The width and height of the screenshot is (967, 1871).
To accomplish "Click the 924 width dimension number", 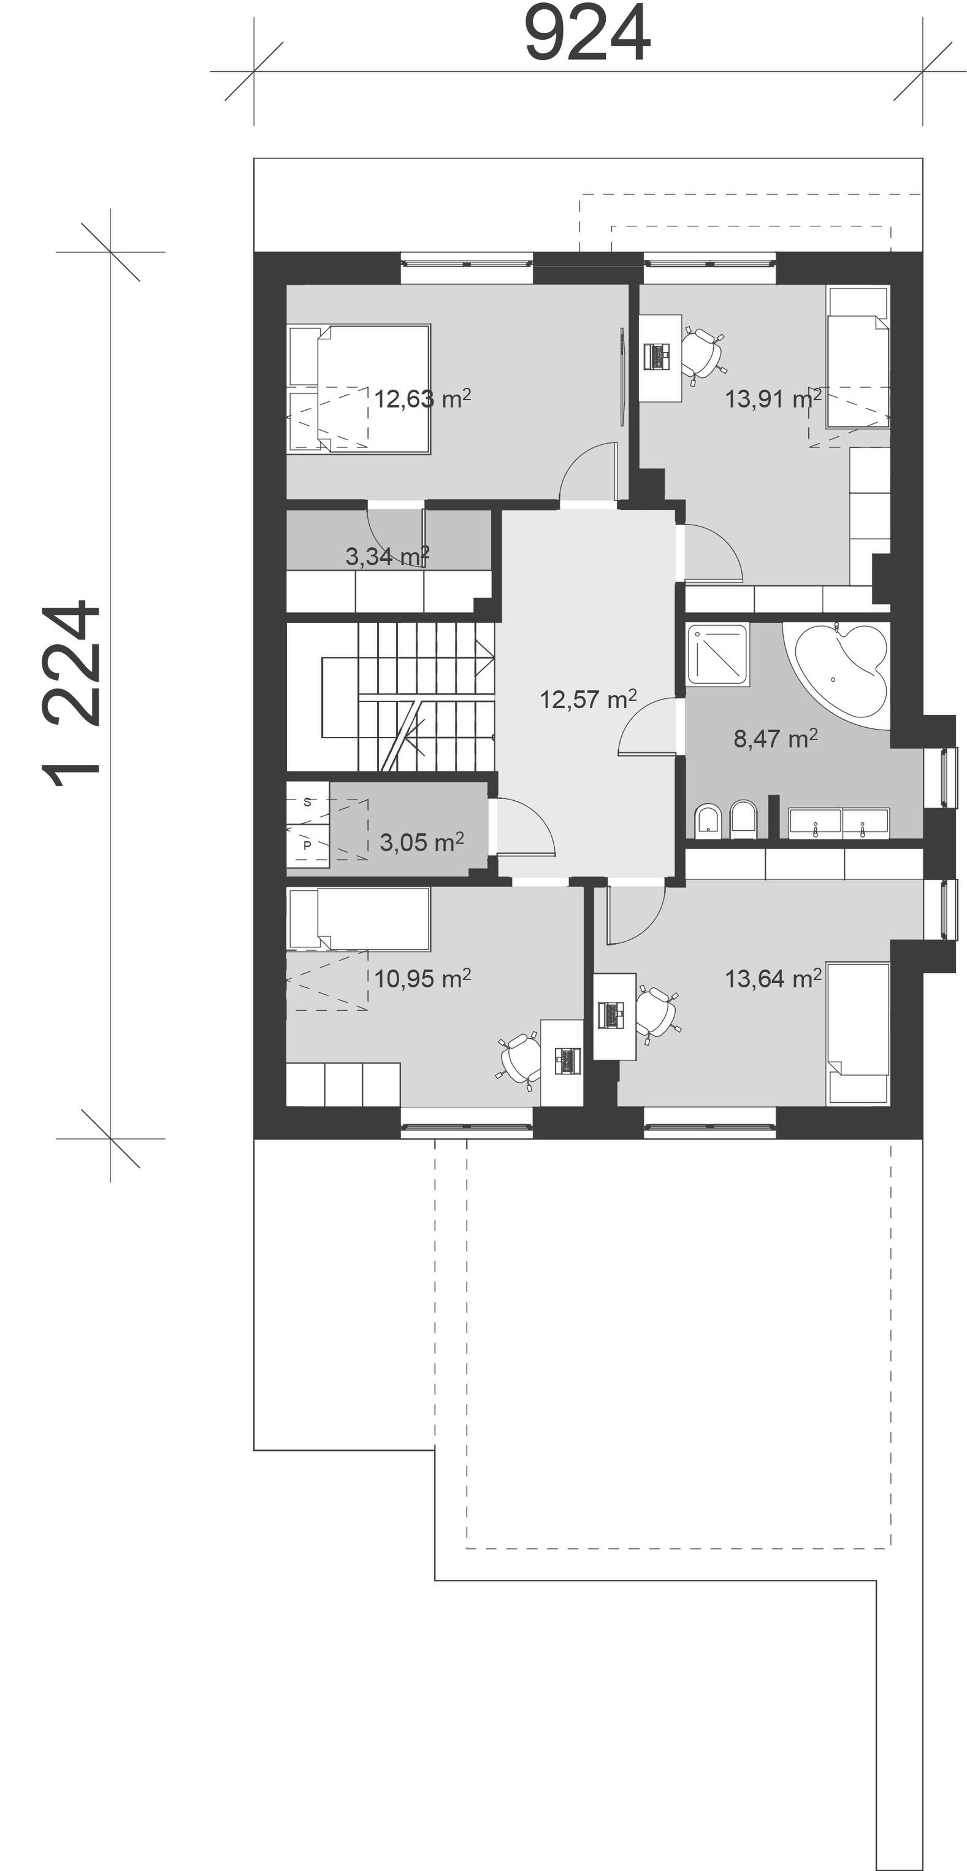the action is [x=587, y=33].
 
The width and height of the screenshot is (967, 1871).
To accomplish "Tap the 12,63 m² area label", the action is [x=422, y=399].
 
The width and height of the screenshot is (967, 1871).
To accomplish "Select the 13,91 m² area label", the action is [x=773, y=399].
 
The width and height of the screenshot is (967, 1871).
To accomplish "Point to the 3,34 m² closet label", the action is [x=388, y=557].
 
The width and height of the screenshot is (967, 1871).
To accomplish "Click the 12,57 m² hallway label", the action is [x=588, y=700].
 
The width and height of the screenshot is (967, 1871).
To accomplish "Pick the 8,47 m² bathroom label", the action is [x=775, y=739].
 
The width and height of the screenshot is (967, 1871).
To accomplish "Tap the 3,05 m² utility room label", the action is [x=422, y=843].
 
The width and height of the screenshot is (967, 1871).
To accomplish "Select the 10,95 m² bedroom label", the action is [x=422, y=979].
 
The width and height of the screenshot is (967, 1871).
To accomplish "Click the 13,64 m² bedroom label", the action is [x=773, y=979].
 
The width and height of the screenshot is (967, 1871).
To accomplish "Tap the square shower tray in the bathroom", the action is [x=717, y=654].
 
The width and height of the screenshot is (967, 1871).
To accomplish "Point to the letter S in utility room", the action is [x=307, y=802].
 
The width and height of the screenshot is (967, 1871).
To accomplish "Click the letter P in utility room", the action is [x=307, y=846].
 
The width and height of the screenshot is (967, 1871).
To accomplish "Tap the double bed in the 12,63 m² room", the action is [x=359, y=389].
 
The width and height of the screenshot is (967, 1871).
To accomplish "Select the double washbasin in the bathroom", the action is [x=838, y=824].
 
